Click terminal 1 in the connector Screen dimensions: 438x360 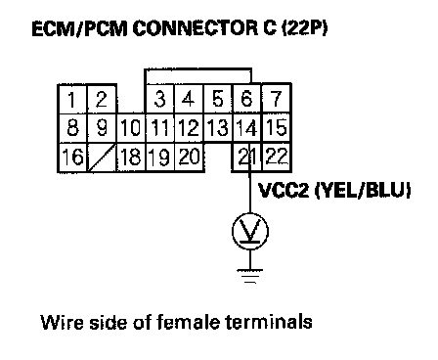(72, 99)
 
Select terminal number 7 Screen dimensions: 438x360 (276, 99)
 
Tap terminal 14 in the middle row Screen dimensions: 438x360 (247, 128)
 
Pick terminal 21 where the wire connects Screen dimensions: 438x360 (247, 157)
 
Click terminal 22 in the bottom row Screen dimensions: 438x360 (277, 157)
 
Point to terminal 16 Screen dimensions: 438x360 (72, 157)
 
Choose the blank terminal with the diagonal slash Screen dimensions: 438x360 (102, 157)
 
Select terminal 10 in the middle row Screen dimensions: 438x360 (131, 128)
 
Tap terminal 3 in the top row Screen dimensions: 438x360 (159, 99)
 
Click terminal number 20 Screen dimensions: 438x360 (189, 157)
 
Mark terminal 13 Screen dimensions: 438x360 (218, 128)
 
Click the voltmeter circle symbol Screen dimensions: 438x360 (250, 231)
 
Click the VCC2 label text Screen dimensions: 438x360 (283, 190)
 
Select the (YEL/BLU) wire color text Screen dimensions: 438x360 (362, 190)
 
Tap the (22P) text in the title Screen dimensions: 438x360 (304, 28)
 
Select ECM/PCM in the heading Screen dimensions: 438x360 (79, 28)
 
